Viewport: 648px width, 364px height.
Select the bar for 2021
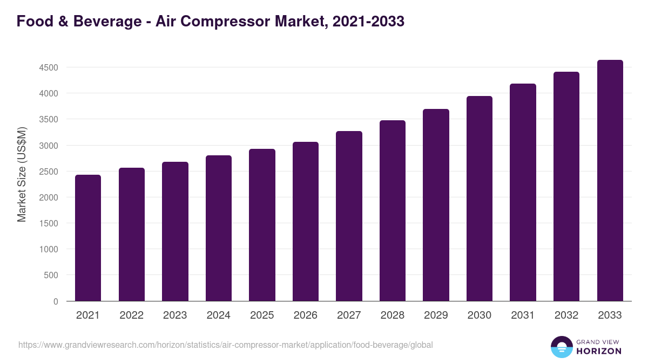88,238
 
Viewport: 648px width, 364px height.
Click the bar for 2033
610,181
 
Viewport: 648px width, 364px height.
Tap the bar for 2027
349,216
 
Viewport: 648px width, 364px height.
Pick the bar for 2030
480,198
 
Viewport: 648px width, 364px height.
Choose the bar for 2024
219,228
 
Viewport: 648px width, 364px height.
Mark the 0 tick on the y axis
56,301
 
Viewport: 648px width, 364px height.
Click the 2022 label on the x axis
132,315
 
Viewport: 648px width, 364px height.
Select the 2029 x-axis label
436,315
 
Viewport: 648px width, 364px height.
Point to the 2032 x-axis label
566,315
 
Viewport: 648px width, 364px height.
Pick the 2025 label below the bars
262,315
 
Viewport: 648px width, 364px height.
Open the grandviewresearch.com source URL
226,345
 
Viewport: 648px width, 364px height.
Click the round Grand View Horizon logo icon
561,347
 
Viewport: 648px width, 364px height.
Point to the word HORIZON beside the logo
598,351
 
